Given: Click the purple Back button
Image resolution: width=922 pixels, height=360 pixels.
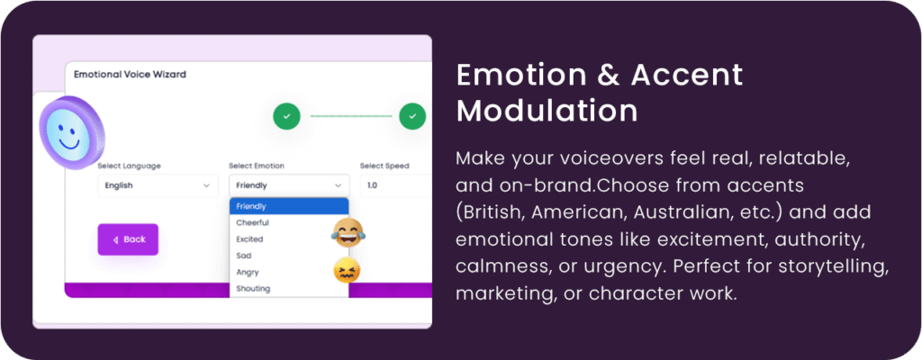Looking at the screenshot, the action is (128, 239).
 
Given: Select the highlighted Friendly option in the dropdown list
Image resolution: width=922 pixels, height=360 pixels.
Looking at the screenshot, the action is (289, 206).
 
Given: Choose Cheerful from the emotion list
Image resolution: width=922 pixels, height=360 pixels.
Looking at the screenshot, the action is (252, 223).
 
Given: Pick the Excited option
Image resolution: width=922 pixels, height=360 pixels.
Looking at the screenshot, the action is (249, 239).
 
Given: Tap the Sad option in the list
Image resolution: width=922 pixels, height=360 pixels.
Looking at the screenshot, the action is (243, 256).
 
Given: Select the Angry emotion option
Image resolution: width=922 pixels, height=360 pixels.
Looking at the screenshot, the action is (247, 273).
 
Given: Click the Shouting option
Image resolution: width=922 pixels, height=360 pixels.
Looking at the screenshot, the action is (253, 289).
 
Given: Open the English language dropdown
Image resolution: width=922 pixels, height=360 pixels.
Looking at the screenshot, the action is (158, 185).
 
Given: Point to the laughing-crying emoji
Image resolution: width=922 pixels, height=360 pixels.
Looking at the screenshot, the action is (348, 232).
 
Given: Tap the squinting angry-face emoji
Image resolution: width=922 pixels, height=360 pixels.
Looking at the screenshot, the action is (347, 271).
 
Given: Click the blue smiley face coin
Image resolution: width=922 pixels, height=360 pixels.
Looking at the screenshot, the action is (72, 133).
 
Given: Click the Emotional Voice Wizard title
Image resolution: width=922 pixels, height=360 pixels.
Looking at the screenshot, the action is (130, 75).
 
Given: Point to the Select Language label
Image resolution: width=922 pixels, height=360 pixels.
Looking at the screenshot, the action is (129, 166).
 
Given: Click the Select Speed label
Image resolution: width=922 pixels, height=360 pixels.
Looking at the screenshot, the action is (384, 166).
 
